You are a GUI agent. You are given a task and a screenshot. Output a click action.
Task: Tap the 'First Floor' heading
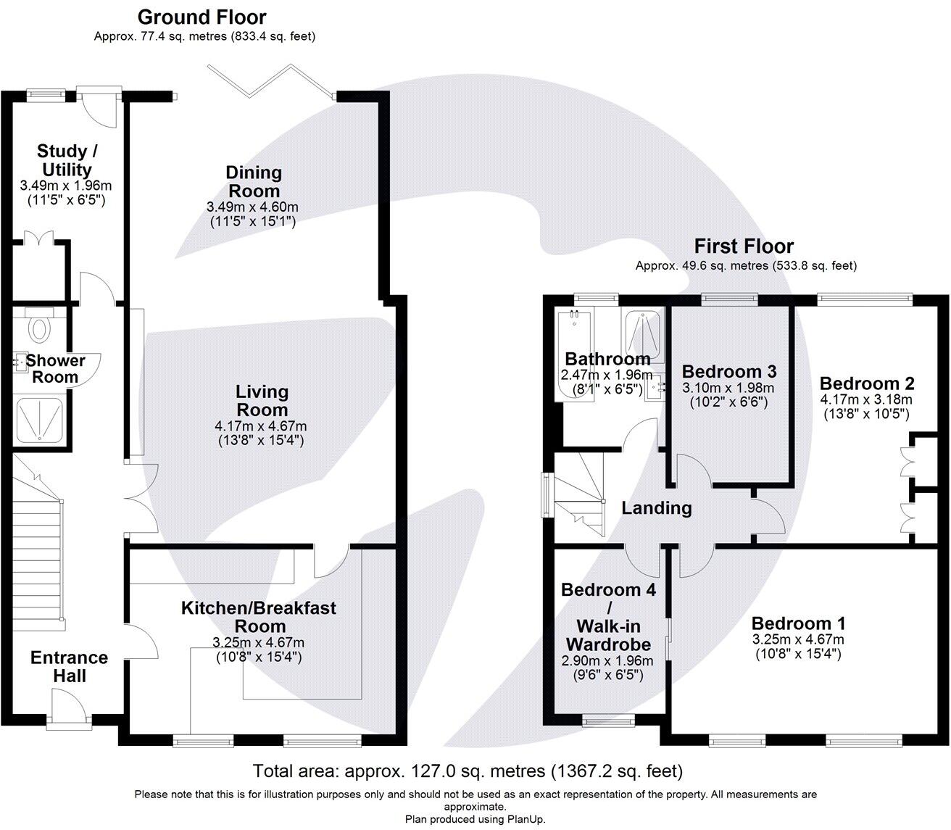(x=744, y=246)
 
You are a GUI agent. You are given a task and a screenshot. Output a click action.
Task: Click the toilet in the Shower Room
(x=39, y=328)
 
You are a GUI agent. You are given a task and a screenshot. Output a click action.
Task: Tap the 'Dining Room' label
(x=253, y=181)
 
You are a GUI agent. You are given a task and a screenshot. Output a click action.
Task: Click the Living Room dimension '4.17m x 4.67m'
(x=261, y=426)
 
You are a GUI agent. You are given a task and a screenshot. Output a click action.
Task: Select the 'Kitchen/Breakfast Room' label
(x=258, y=616)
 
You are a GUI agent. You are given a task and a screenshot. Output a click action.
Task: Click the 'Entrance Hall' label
(x=69, y=666)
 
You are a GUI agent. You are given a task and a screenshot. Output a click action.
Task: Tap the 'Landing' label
(x=656, y=508)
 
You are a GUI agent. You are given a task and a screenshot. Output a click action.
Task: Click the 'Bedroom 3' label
(x=729, y=371)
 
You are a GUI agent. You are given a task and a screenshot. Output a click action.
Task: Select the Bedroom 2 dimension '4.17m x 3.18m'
(x=865, y=400)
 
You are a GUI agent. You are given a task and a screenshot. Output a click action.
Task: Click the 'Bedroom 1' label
(x=798, y=623)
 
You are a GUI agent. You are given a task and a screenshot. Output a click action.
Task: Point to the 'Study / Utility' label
(x=67, y=160)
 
